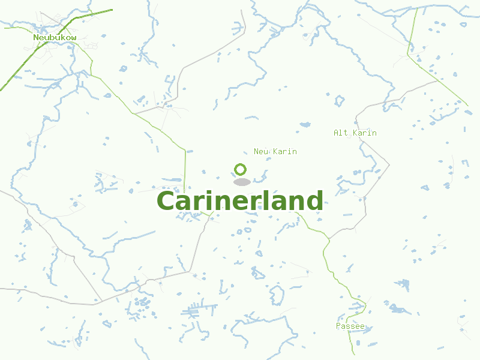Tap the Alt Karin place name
[355, 133]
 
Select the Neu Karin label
[275, 151]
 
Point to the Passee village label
[350, 326]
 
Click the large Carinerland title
[240, 201]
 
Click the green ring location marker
[241, 169]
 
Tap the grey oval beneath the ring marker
[241, 182]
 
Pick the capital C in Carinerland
[166, 202]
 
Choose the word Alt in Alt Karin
[340, 133]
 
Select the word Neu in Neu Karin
[261, 151]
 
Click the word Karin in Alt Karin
[364, 133]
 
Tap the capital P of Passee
[338, 326]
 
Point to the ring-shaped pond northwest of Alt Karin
[340, 100]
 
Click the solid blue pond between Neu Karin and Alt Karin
[305, 125]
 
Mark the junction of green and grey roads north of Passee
[329, 239]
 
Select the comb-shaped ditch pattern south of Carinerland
[198, 311]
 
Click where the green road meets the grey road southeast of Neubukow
[133, 113]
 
